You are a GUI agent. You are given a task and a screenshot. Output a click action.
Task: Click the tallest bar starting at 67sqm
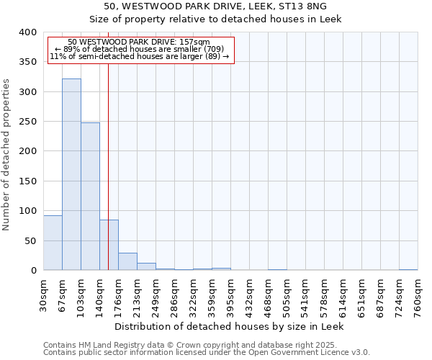pyautogui.click(x=71, y=174)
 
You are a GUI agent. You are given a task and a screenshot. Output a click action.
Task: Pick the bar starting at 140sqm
pyautogui.click(x=109, y=245)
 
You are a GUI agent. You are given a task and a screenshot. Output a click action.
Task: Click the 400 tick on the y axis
pyautogui.click(x=27, y=32)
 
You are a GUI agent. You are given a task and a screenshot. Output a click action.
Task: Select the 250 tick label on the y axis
pyautogui.click(x=27, y=122)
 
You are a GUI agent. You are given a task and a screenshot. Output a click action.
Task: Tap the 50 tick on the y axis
pyautogui.click(x=30, y=240)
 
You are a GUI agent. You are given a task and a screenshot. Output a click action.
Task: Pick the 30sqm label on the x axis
pyautogui.click(x=43, y=296)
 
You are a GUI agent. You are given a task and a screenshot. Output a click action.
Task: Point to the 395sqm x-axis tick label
pyautogui.click(x=230, y=296)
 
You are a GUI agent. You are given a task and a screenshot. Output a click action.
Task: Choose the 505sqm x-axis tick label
pyautogui.click(x=287, y=296)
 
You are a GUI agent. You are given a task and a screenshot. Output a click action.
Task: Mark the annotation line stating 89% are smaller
pyautogui.click(x=140, y=49)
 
